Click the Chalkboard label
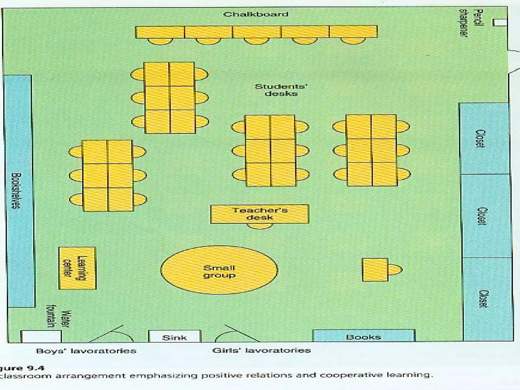pos(256,14)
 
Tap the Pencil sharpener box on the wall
pos(500,23)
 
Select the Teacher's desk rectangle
pos(260,214)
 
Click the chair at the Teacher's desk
pos(260,226)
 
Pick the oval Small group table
pos(219,270)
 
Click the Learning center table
pos(77,268)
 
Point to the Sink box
pos(174,337)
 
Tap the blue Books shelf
pos(363,336)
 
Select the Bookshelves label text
pos(16,191)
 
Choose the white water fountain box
pos(41,336)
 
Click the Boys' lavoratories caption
pos(86,351)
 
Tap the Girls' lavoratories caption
pos(262,350)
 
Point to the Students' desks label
pos(281,90)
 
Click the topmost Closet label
pos(480,139)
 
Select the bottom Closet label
pos(483,299)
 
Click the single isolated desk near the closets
pos(375,270)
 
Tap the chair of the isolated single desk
pos(395,270)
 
